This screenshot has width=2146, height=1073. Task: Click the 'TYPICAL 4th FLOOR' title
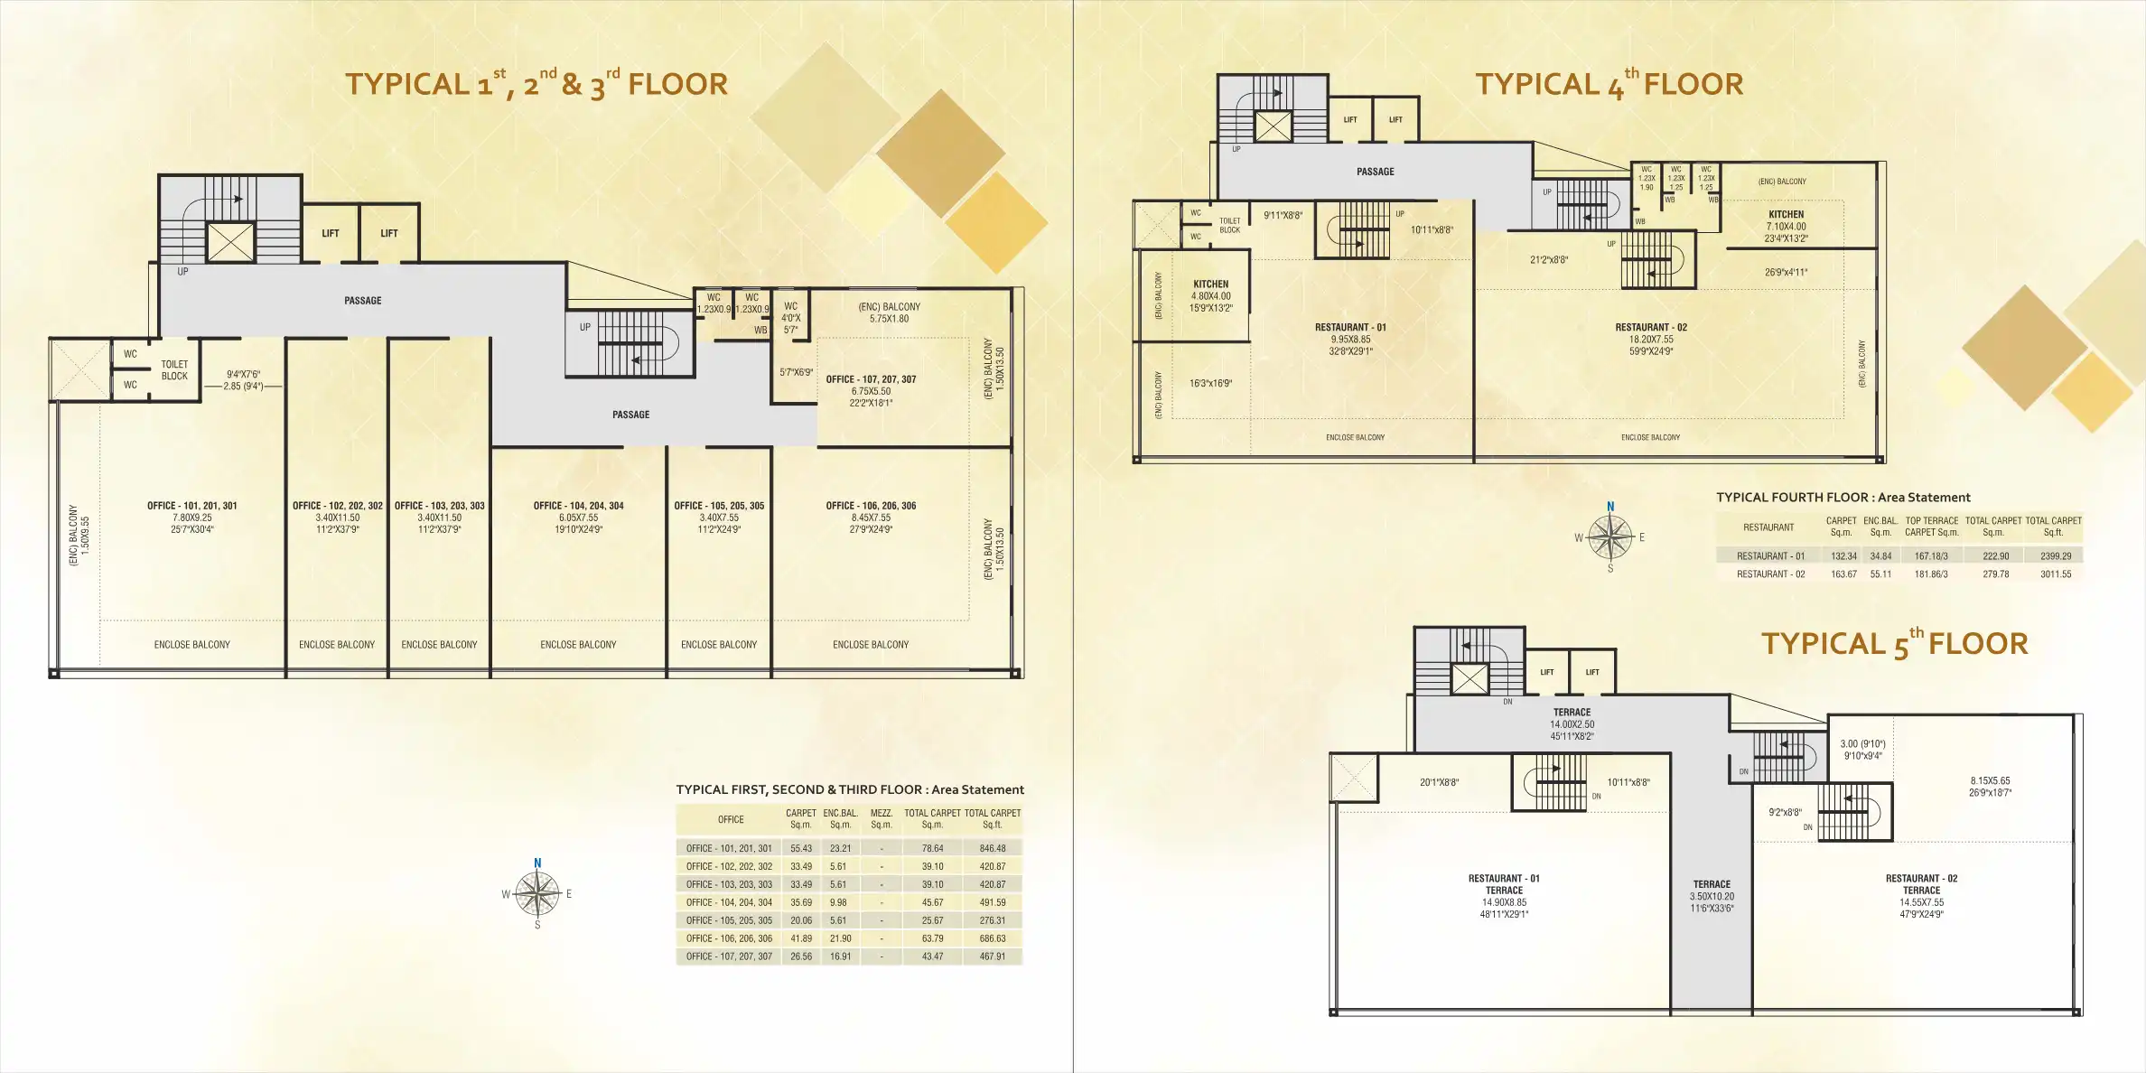click(x=1609, y=85)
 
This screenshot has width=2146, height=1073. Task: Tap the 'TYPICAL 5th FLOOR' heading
click(x=1894, y=645)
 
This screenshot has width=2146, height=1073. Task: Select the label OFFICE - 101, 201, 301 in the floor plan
click(x=192, y=506)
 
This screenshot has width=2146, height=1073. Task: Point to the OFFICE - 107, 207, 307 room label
click(x=871, y=379)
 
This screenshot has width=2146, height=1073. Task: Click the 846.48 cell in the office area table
click(x=992, y=848)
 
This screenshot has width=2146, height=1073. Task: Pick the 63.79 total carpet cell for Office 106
click(x=932, y=938)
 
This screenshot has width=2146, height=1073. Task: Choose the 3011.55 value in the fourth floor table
click(x=2056, y=574)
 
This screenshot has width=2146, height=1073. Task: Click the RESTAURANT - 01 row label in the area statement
click(x=1770, y=556)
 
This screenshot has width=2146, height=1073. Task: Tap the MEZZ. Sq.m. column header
click(x=881, y=818)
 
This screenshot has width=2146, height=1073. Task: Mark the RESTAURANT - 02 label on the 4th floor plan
click(x=1651, y=328)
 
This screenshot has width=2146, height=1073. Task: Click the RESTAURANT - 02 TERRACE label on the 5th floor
click(x=1921, y=884)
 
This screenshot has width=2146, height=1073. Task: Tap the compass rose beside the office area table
click(x=537, y=894)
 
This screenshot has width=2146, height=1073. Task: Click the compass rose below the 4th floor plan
click(x=1609, y=537)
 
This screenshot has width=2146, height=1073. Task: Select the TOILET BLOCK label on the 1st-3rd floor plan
click(x=174, y=370)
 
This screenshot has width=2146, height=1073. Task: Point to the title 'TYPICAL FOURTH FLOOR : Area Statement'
click(x=1843, y=498)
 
